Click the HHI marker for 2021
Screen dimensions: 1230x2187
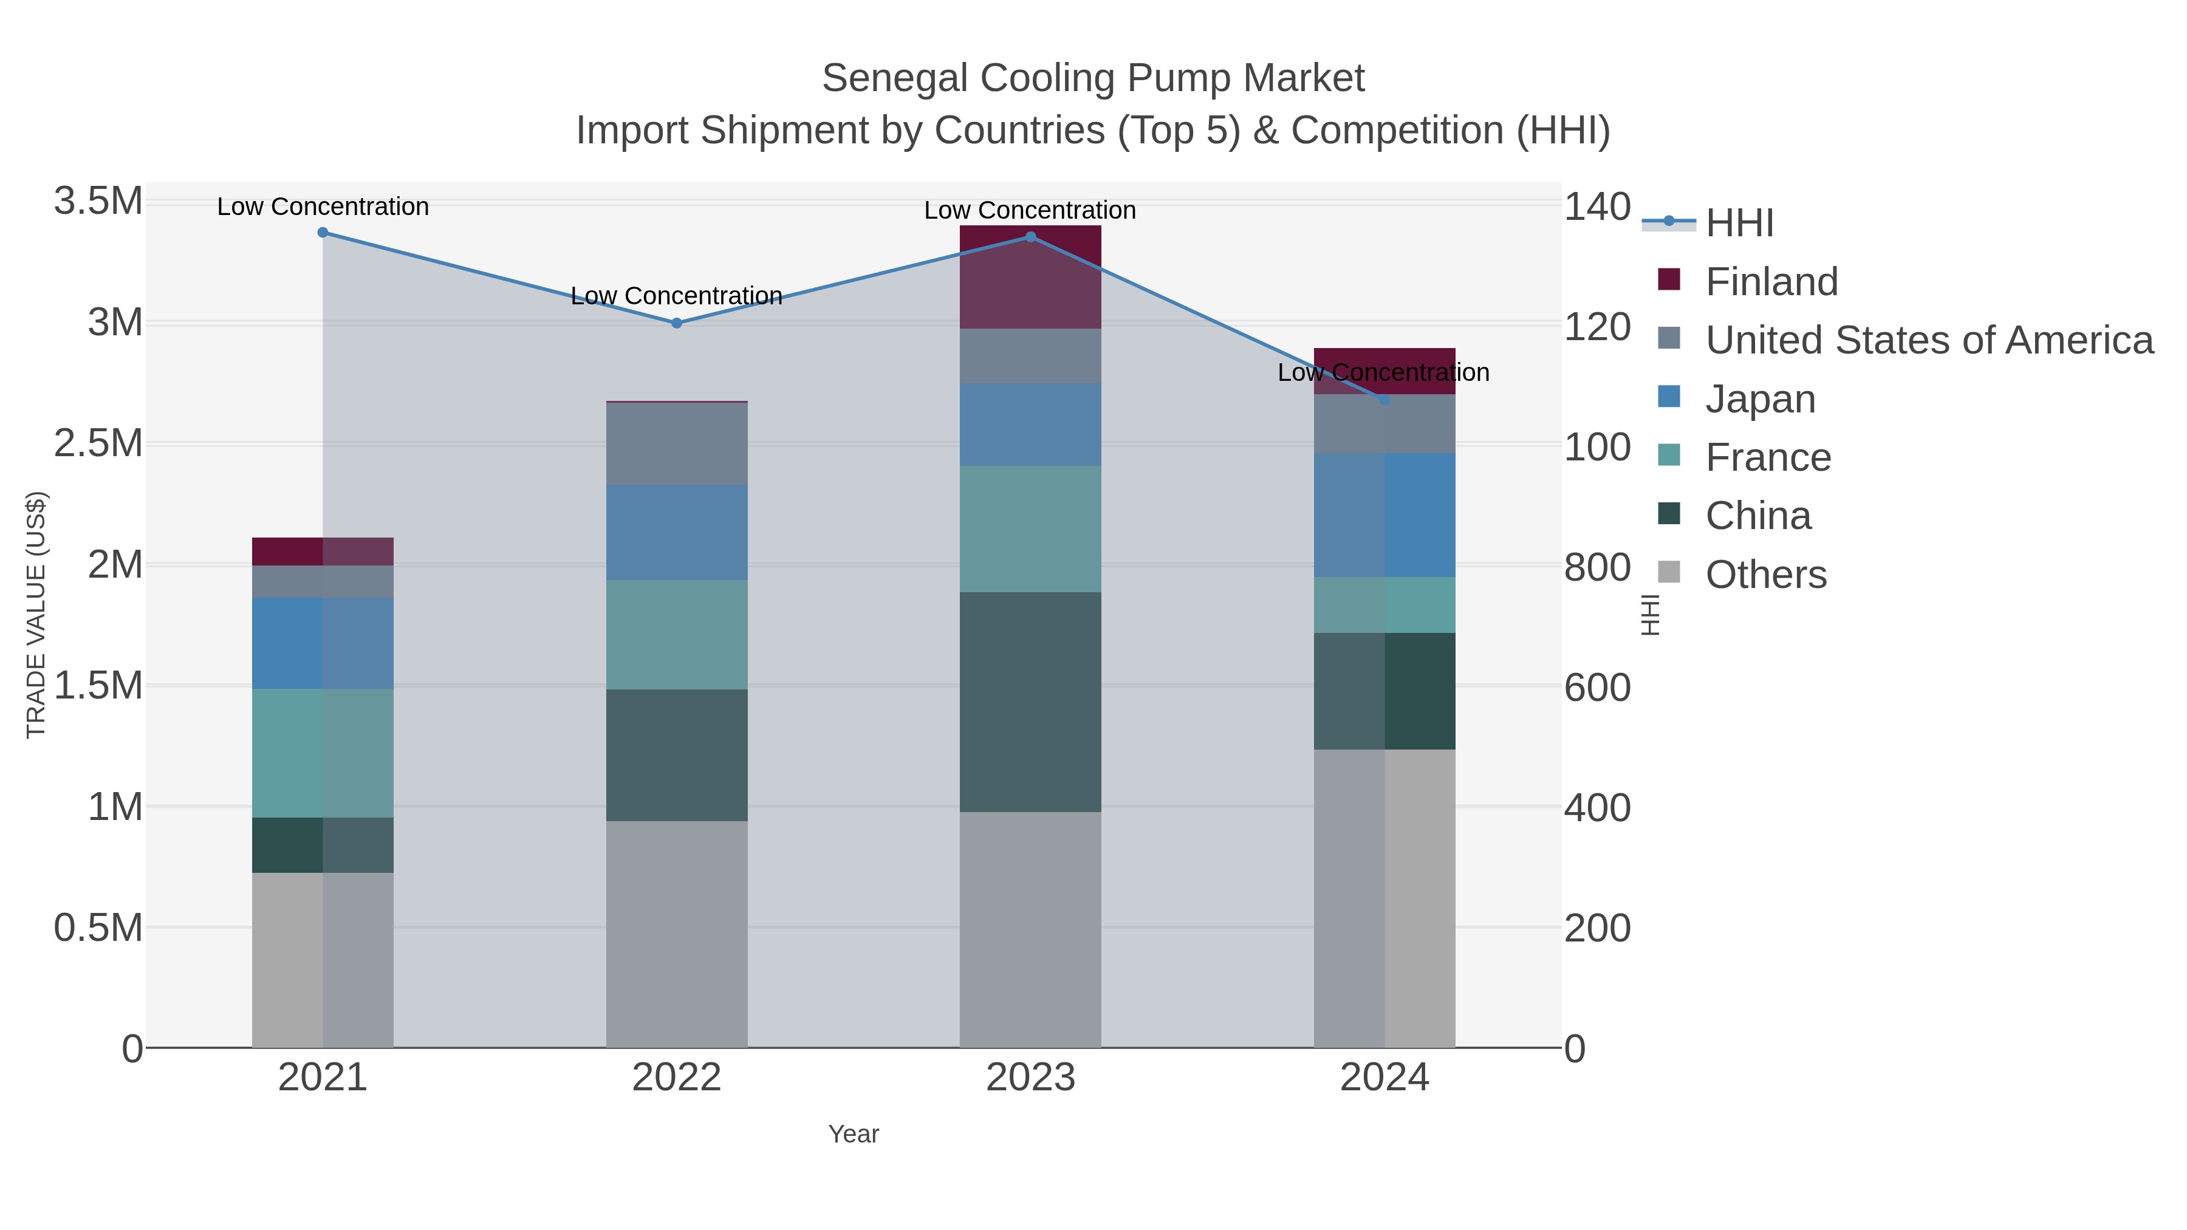[x=323, y=233]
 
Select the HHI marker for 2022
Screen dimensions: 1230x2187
[x=677, y=323]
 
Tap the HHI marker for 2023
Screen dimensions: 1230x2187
[x=1031, y=237]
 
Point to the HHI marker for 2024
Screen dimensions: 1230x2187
[x=1384, y=400]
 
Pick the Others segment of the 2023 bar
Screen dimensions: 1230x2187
[x=1031, y=929]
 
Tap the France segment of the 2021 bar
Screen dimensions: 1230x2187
[x=323, y=753]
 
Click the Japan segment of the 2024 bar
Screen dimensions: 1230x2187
[x=1384, y=515]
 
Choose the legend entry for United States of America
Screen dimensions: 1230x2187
[x=1929, y=340]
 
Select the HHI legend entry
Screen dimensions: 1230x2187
[x=1739, y=224]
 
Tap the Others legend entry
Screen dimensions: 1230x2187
[x=1766, y=575]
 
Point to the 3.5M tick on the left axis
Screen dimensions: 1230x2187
[x=98, y=202]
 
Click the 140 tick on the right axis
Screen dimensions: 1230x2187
[x=1597, y=207]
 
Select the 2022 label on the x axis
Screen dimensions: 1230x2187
[x=677, y=1078]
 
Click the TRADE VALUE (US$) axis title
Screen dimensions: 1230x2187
[x=36, y=615]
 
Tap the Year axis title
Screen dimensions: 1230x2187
[x=854, y=1134]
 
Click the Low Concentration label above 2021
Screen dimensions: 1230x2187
[x=323, y=207]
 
